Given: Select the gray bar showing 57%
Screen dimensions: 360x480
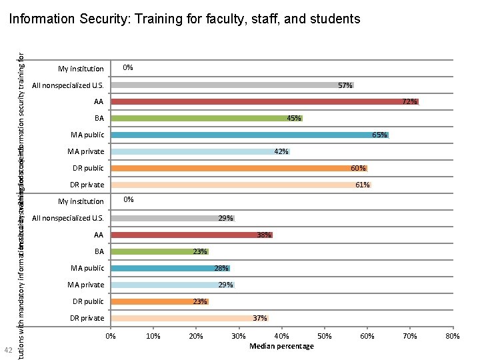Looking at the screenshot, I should tap(232, 85).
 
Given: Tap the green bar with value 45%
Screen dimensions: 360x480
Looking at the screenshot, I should tap(207, 119).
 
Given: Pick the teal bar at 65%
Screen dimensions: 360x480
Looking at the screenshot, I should tap(249, 135).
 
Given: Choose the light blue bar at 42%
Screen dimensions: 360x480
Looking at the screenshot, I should tap(200, 152).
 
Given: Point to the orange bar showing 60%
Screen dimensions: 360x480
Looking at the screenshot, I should tap(239, 169).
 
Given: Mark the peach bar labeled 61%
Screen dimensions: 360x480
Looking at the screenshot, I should tap(241, 185).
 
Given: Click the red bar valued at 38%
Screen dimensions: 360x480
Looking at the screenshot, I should tap(191, 235).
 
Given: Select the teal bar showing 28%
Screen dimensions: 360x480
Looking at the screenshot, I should tap(170, 268).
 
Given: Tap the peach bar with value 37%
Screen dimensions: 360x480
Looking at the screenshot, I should tap(189, 318).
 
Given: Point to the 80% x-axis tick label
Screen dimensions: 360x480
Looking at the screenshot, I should tap(453, 337).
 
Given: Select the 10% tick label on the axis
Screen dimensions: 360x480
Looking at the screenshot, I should tap(153, 337).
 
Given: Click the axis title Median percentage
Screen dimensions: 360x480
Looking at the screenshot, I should tap(281, 347).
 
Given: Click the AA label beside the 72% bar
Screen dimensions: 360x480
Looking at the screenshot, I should tap(99, 102).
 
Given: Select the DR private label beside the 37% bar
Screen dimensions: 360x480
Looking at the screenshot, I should tap(87, 318).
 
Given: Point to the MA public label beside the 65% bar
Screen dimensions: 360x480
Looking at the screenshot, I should tap(87, 135).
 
